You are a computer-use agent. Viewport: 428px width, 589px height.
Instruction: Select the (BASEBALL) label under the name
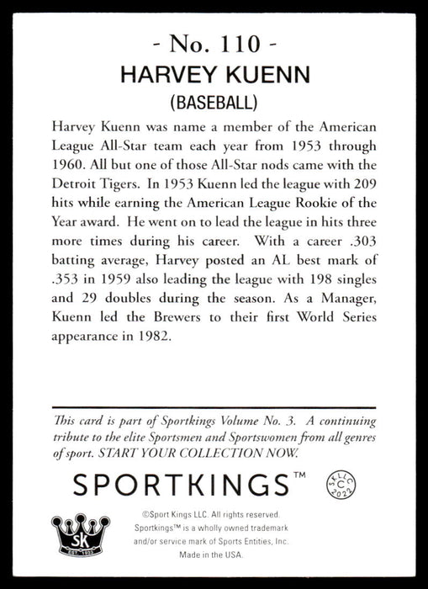214,103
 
